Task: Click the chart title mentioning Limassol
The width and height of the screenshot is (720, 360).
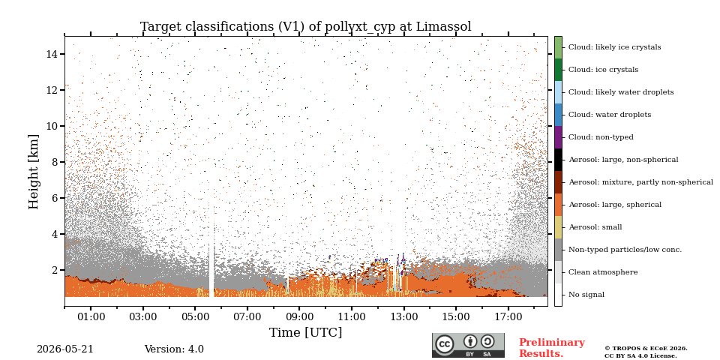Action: coord(305,27)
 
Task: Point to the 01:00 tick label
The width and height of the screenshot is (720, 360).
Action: coord(91,316)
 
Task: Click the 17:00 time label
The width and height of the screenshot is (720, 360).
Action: coord(508,316)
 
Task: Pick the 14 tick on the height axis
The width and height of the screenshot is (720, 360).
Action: coord(52,54)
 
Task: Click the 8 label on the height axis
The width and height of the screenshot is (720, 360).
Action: coord(55,162)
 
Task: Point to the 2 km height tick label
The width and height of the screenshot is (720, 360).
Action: coord(55,270)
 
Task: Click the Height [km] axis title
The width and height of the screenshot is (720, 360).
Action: coord(34,172)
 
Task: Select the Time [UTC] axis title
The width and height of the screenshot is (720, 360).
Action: coord(305,332)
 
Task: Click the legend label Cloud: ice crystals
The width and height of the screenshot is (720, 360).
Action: coord(603,70)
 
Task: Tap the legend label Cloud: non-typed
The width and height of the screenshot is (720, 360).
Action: coord(601,137)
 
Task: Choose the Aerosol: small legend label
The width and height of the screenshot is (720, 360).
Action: coord(595,227)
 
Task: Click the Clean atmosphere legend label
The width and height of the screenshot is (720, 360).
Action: coord(603,272)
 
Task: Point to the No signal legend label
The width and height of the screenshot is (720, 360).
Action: coord(586,295)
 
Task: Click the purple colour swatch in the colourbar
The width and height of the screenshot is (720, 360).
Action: coord(558,137)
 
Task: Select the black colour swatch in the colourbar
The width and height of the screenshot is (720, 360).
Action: coord(558,160)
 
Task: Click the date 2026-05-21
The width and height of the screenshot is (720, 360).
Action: coord(64,349)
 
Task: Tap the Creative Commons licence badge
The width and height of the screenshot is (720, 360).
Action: coord(468,345)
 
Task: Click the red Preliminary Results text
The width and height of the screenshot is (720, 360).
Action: coord(552,348)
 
